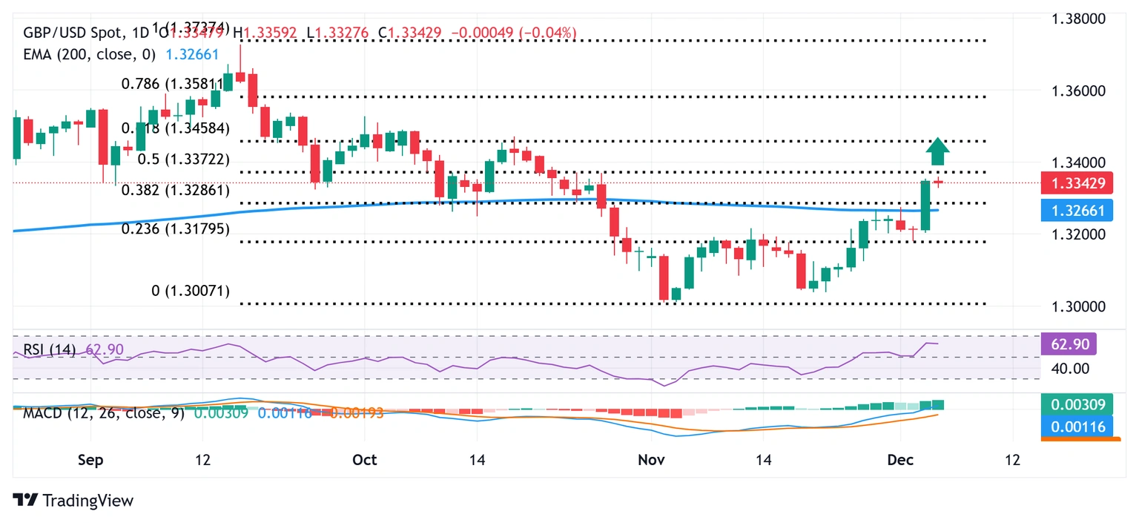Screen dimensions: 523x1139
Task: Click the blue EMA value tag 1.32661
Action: tap(1076, 211)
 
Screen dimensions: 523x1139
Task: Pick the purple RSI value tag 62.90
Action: tap(1069, 343)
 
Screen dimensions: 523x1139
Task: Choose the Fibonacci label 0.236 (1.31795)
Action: tap(175, 229)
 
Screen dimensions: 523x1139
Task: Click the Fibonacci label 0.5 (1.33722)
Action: tap(190, 159)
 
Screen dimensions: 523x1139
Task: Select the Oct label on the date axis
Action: tap(365, 460)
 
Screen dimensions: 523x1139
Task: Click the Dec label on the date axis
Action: tap(899, 460)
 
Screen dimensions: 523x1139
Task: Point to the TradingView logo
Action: tap(73, 501)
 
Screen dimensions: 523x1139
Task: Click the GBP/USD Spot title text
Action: tap(66, 33)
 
